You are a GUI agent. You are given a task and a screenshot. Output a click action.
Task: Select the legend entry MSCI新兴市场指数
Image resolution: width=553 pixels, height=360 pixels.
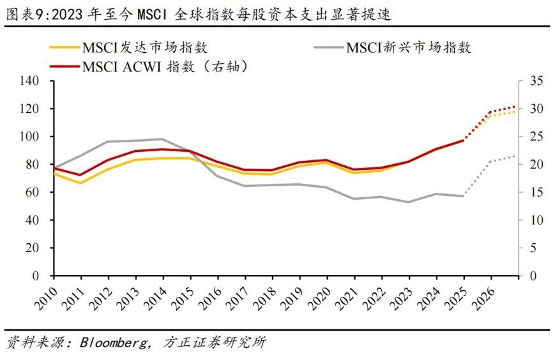[409, 48]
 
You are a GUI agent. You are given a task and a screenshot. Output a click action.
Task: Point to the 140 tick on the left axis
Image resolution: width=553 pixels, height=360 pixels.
[30, 81]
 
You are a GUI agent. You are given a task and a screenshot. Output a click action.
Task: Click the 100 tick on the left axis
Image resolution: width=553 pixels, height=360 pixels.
[30, 137]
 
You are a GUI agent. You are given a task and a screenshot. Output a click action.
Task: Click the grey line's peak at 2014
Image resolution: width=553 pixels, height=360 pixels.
[163, 139]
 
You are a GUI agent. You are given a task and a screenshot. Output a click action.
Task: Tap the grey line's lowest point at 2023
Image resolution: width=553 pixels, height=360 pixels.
[409, 202]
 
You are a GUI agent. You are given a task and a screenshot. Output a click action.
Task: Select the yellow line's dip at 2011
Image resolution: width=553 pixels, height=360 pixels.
[80, 183]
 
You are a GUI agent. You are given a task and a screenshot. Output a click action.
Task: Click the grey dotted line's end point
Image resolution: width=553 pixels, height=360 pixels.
[515, 156]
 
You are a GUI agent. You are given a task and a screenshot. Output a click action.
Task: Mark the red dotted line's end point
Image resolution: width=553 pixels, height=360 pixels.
[515, 107]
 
